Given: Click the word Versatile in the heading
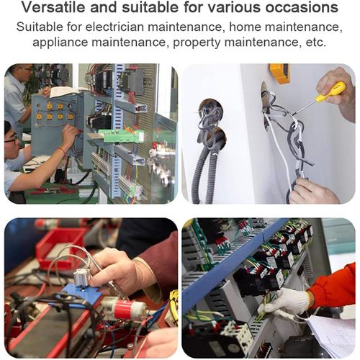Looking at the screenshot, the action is [53, 7].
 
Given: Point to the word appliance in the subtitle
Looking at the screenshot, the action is [60, 42].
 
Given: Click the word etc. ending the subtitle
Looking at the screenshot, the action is [316, 42].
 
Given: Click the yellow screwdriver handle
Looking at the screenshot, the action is [330, 92].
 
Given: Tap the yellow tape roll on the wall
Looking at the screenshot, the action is [279, 73].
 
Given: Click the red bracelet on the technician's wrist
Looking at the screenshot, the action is [63, 150].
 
